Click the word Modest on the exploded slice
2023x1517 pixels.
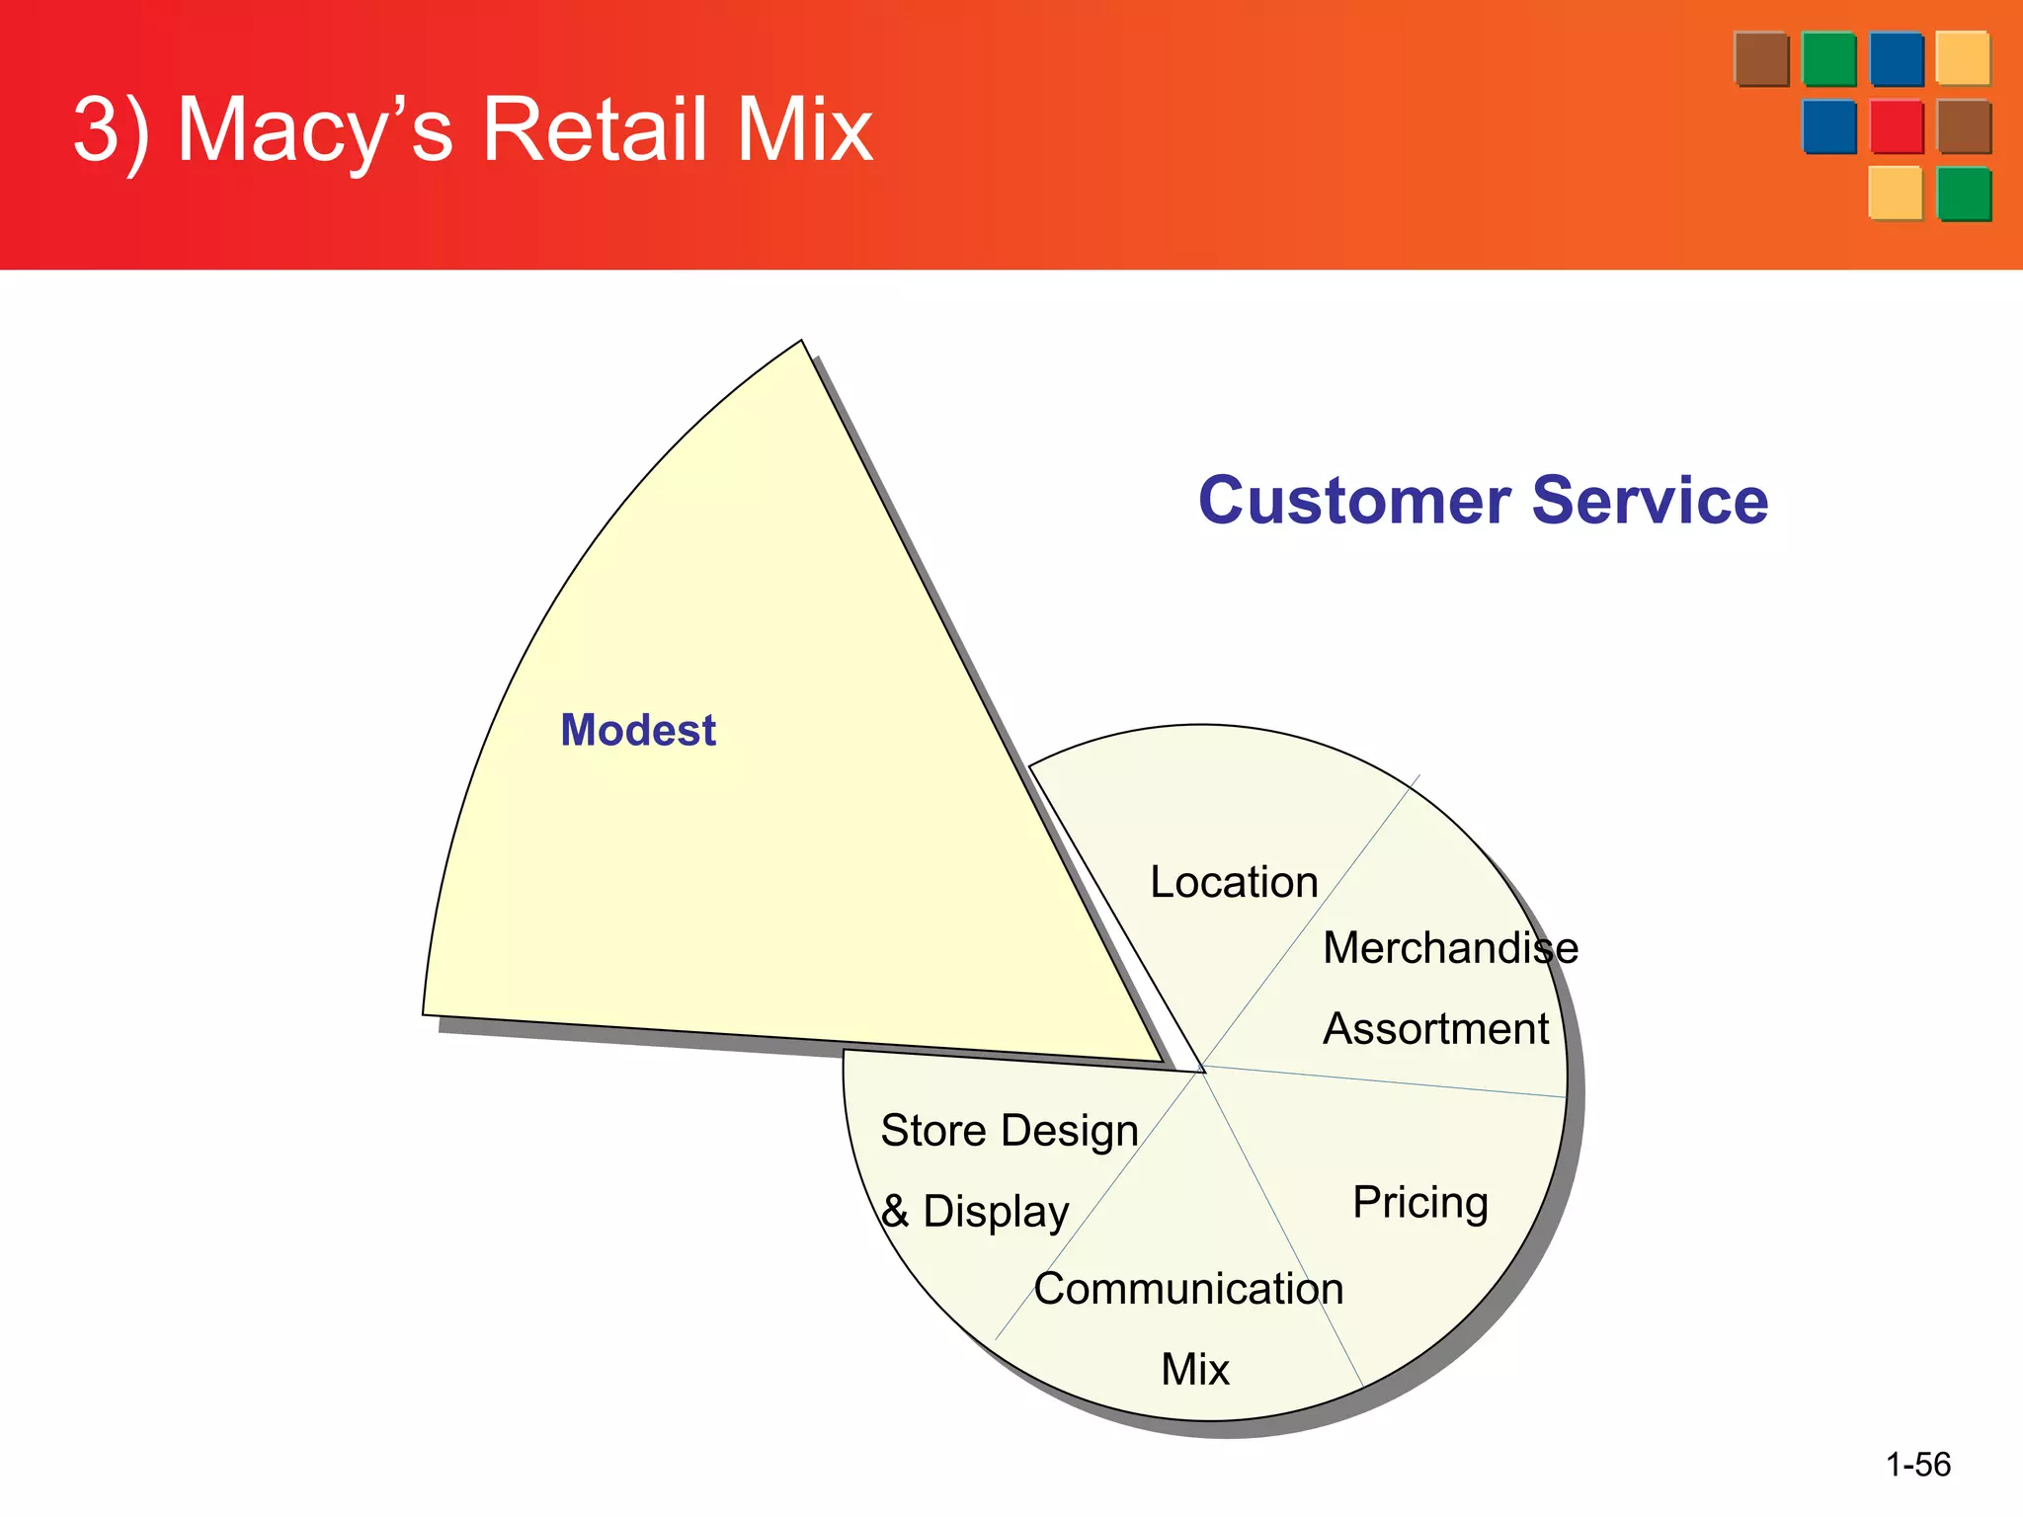638,731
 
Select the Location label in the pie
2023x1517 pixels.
1234,882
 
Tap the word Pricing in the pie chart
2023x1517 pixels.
1419,1203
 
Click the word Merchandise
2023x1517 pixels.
1449,948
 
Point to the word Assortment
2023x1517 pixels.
1435,1029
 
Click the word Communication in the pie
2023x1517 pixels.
1188,1289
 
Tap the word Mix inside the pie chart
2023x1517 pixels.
1194,1370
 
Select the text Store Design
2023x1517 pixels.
1009,1131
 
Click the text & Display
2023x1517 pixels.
975,1212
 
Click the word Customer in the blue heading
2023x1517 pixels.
1354,501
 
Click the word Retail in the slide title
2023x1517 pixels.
595,129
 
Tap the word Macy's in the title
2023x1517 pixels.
314,129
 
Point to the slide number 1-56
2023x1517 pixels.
1917,1464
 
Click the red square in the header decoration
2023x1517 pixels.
1897,126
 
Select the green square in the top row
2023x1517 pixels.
1828,59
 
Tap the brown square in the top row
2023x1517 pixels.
1761,59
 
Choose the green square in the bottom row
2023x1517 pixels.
1964,194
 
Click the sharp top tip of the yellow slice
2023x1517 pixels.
801,343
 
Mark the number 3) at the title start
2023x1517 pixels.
111,129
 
